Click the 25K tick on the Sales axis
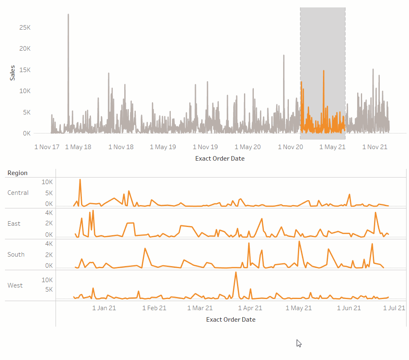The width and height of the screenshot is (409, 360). pyautogui.click(x=25, y=28)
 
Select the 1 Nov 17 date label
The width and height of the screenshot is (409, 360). pyautogui.click(x=47, y=147)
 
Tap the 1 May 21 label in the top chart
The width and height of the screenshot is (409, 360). pyautogui.click(x=332, y=147)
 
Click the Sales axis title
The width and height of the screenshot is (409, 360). pyautogui.click(x=12, y=72)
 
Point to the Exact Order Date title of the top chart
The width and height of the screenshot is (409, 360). pyautogui.click(x=220, y=159)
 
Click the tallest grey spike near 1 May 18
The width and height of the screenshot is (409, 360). pyautogui.click(x=68, y=15)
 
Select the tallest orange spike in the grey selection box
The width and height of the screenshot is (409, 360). pyautogui.click(x=324, y=71)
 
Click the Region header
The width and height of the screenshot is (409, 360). pyautogui.click(x=17, y=173)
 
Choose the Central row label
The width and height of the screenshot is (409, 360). pyautogui.click(x=18, y=193)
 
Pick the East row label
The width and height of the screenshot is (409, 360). pyautogui.click(x=14, y=224)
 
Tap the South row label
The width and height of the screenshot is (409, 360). pyautogui.click(x=16, y=255)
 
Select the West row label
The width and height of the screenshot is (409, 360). pyautogui.click(x=15, y=285)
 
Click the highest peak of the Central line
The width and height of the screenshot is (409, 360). pyautogui.click(x=80, y=180)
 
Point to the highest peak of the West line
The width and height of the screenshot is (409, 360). pyautogui.click(x=236, y=272)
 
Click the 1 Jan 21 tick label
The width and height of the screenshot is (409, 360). pyautogui.click(x=104, y=308)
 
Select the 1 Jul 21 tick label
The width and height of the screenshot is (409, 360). pyautogui.click(x=395, y=308)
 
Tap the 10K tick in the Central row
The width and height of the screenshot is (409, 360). pyautogui.click(x=47, y=182)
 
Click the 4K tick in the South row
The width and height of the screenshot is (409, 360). pyautogui.click(x=49, y=244)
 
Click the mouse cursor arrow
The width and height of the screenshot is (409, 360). pyautogui.click(x=299, y=343)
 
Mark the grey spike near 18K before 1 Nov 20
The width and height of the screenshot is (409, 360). pyautogui.click(x=284, y=55)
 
